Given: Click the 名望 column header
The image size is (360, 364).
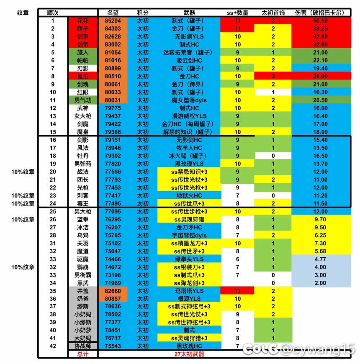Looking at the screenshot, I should coord(113,13).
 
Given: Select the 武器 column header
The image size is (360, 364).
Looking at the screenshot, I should coord(189,13).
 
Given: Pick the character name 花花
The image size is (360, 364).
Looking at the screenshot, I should coord(83,21).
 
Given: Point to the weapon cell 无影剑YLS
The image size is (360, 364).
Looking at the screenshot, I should coord(188,36).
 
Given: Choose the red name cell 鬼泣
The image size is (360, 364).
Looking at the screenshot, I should coord(83,76).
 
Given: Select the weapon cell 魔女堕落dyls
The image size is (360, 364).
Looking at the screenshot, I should coord(189,100).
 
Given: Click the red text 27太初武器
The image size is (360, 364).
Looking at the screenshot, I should coord(189,354).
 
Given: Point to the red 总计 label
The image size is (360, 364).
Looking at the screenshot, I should coord(83,354).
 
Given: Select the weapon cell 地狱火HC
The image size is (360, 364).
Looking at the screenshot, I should coord(189,195).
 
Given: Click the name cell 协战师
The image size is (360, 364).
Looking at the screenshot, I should coord(83,346).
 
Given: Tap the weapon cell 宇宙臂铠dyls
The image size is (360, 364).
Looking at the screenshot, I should coord(189,235).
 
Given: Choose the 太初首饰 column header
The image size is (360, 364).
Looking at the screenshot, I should coord(273,13).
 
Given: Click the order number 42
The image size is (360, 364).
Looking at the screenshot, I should coord(53,346).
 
